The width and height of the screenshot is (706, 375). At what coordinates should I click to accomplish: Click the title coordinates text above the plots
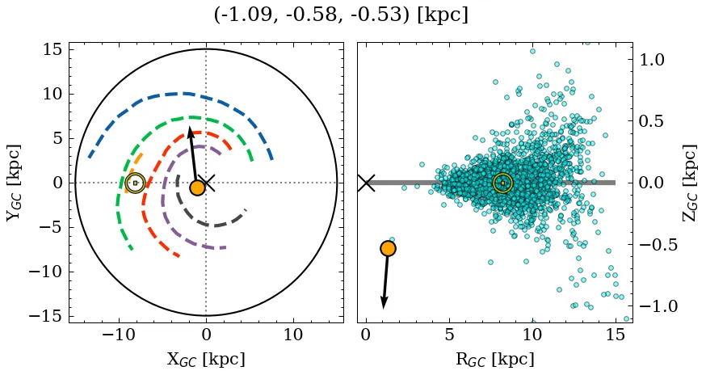click(x=341, y=15)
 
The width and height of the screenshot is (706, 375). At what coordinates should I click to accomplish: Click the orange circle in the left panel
click(x=197, y=187)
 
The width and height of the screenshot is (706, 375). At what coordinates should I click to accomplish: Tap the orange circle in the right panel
click(x=388, y=248)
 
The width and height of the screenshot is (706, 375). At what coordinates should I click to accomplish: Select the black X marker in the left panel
click(x=206, y=183)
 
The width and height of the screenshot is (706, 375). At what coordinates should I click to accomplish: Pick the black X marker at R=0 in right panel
click(x=366, y=183)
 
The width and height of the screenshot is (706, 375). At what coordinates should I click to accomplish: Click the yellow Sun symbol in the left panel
click(x=135, y=183)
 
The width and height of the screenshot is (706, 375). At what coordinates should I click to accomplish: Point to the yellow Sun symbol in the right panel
click(x=502, y=183)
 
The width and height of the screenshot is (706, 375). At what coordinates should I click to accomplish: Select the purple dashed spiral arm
click(x=166, y=194)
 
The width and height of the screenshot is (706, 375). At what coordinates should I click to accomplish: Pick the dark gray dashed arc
click(x=212, y=225)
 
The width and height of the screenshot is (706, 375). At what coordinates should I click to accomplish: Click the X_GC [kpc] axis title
click(x=206, y=359)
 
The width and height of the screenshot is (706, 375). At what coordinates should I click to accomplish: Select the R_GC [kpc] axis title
click(x=495, y=359)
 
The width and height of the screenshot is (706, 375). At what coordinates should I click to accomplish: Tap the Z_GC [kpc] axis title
click(x=691, y=183)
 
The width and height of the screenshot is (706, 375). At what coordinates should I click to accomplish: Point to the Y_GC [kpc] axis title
click(x=14, y=183)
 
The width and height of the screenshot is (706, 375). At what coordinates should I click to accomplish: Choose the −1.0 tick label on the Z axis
click(x=657, y=306)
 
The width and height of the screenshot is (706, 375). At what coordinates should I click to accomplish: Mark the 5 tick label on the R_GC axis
click(x=449, y=335)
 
